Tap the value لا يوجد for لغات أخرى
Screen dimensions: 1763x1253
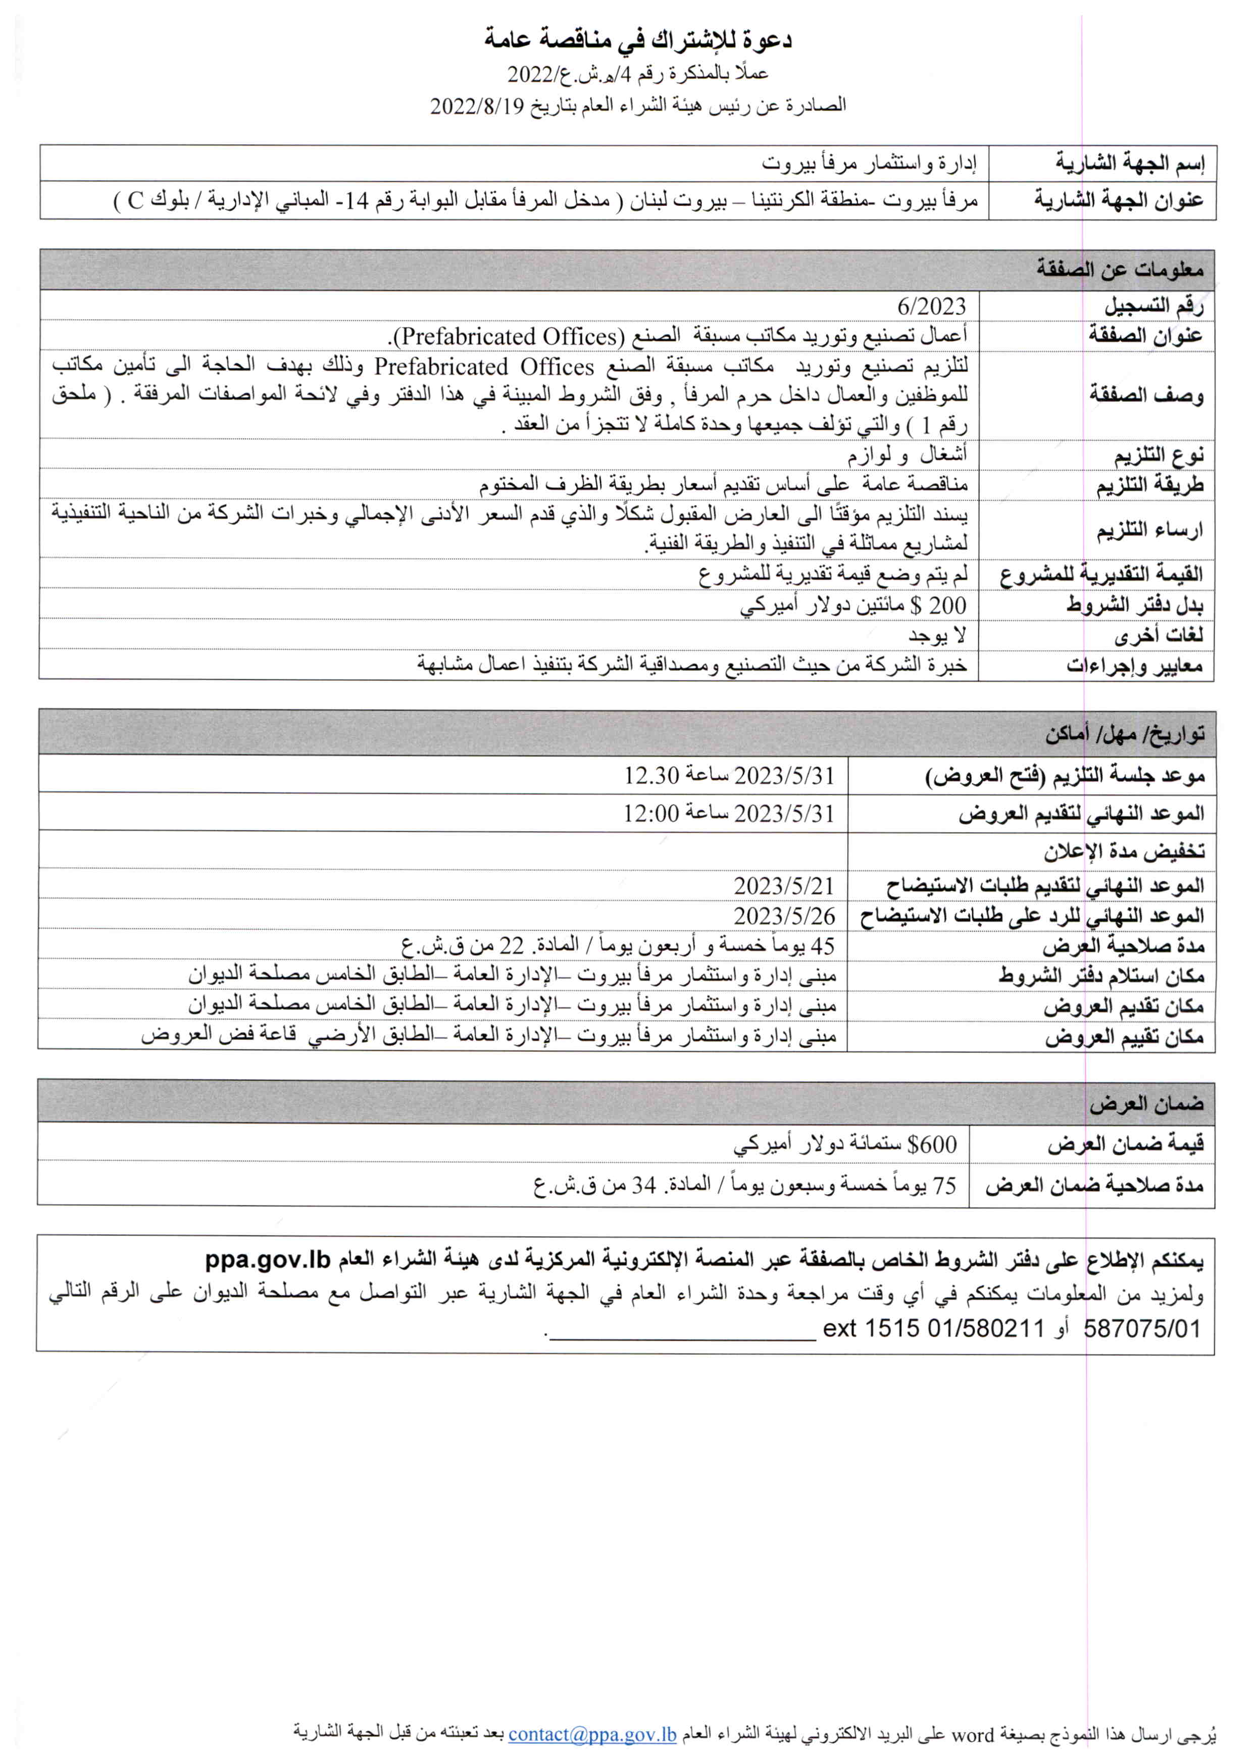click(937, 635)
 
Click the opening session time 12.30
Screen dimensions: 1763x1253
click(651, 775)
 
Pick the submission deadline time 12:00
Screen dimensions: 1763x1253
click(651, 813)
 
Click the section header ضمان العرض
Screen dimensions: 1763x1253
click(1146, 1104)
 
